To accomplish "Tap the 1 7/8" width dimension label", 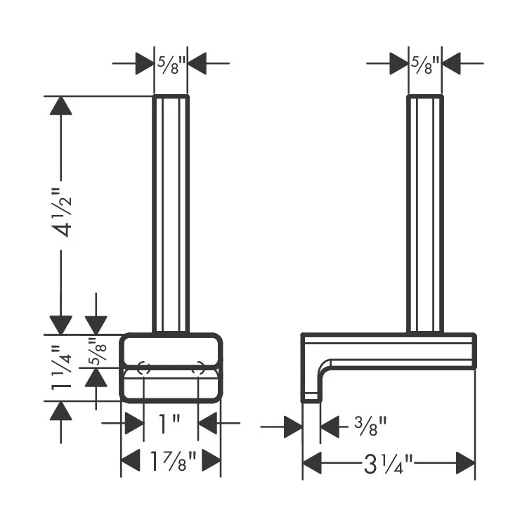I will click(x=170, y=462).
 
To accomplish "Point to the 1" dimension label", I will click(x=170, y=423).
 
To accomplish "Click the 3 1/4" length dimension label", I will click(x=388, y=464).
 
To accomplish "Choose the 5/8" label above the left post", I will click(x=171, y=65).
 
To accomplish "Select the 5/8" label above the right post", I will click(x=425, y=65).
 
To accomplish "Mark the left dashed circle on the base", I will click(x=143, y=367).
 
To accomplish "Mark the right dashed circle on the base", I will click(x=198, y=367).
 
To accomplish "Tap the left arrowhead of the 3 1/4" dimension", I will click(x=313, y=464).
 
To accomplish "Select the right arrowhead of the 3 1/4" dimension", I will click(x=465, y=464).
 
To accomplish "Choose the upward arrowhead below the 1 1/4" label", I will click(x=61, y=410).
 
